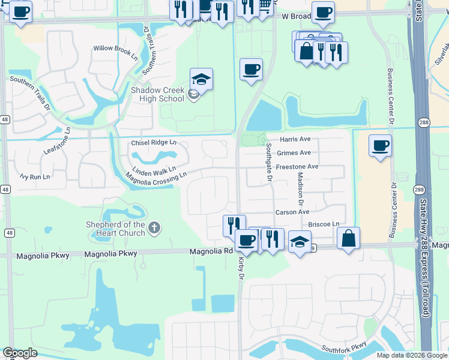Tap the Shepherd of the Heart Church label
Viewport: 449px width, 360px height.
pos(114,229)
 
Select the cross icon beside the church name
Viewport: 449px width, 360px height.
pos(154,227)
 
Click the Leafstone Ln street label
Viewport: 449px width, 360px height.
pos(57,140)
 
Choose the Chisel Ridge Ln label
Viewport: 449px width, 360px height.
pos(154,143)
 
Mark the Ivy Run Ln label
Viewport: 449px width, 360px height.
pos(34,177)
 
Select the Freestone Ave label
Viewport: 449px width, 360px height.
pos(297,166)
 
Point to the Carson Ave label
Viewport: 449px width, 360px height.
pos(292,212)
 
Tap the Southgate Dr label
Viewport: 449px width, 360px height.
pos(269,163)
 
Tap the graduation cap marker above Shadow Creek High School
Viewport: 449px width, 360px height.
pos(202,79)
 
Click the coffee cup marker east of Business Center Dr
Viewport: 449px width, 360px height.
pos(380,145)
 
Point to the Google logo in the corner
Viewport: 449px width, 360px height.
pos(20,353)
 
